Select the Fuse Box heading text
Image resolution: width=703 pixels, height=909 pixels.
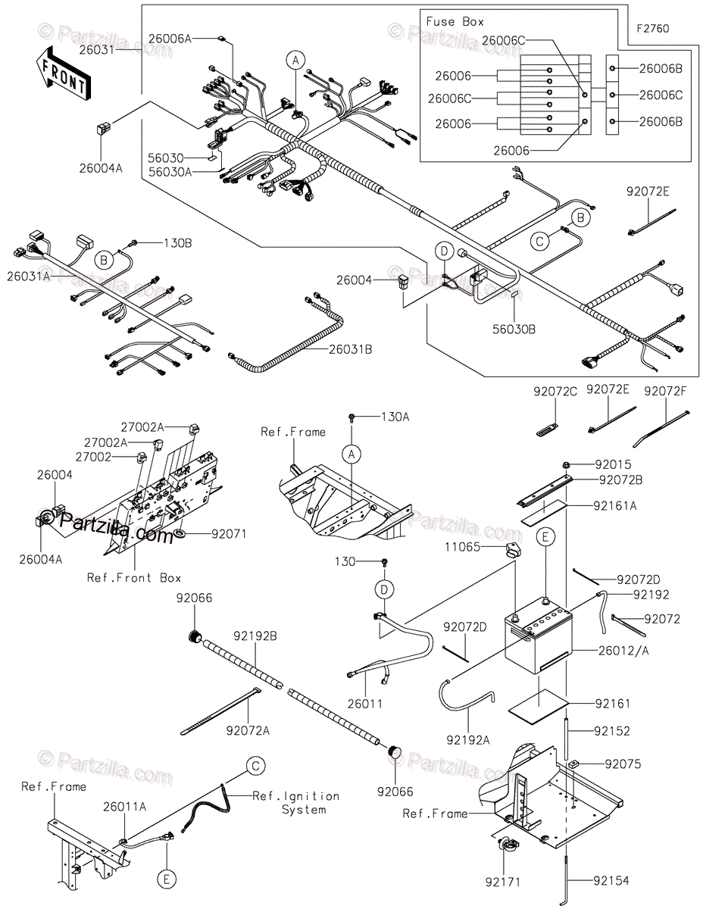click(455, 22)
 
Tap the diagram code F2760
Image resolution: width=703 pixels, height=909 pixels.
click(652, 29)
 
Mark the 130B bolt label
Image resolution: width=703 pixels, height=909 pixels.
click(177, 243)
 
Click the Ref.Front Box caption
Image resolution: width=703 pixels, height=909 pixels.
click(134, 577)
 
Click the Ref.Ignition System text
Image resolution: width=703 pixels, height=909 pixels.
click(296, 802)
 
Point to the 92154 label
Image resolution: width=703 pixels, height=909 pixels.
click(611, 880)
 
